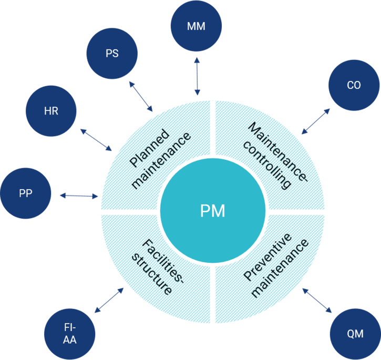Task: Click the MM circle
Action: (196, 26)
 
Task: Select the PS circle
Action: (112, 54)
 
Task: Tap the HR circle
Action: (51, 111)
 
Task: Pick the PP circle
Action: (26, 193)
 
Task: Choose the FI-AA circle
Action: (70, 334)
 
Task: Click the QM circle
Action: (355, 334)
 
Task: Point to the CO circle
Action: (354, 85)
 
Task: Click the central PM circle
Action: (213, 211)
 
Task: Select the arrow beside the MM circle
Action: (197, 76)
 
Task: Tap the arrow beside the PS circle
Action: (141, 97)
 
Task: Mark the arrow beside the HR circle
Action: (96, 140)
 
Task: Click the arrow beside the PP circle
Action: (79, 196)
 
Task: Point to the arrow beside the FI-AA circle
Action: (109, 300)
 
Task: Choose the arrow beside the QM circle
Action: (317, 300)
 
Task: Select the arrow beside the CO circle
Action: (316, 121)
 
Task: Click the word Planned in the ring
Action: (149, 148)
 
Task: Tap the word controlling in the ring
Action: (267, 165)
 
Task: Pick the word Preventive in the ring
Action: (267, 256)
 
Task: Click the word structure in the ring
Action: (152, 274)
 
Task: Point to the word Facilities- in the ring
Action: (163, 262)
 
